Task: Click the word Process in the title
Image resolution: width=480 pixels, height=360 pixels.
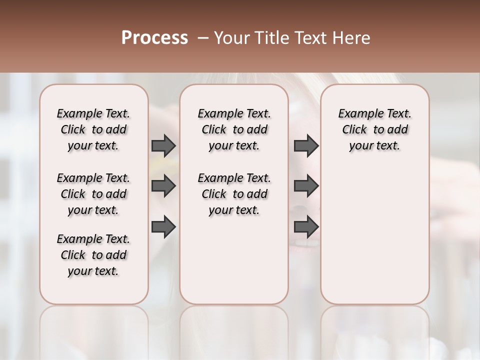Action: pyautogui.click(x=154, y=38)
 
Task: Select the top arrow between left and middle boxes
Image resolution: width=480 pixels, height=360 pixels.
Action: pyautogui.click(x=163, y=145)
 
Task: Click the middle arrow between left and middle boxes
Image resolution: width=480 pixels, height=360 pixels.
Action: pyautogui.click(x=163, y=186)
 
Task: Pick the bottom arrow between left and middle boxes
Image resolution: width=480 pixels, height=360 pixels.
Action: pyautogui.click(x=163, y=226)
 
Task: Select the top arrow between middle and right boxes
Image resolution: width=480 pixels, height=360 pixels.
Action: pyautogui.click(x=306, y=145)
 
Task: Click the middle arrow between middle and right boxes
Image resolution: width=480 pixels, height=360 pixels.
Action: pyautogui.click(x=306, y=186)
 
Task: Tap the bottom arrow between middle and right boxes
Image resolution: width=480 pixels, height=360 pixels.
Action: pyautogui.click(x=306, y=226)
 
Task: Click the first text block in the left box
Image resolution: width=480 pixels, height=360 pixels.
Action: pyautogui.click(x=93, y=129)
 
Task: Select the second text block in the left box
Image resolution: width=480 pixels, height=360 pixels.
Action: pyautogui.click(x=93, y=194)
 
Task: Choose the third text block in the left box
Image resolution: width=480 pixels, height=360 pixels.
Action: pyautogui.click(x=93, y=255)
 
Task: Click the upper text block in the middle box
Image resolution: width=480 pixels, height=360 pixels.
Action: pyautogui.click(x=234, y=129)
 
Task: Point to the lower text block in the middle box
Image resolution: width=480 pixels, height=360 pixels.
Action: pyautogui.click(x=234, y=194)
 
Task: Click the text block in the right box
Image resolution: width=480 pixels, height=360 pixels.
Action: pyautogui.click(x=374, y=129)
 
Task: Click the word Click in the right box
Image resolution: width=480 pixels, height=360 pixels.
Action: pyautogui.click(x=354, y=130)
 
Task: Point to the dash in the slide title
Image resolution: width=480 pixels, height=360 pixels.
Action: pyautogui.click(x=203, y=38)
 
